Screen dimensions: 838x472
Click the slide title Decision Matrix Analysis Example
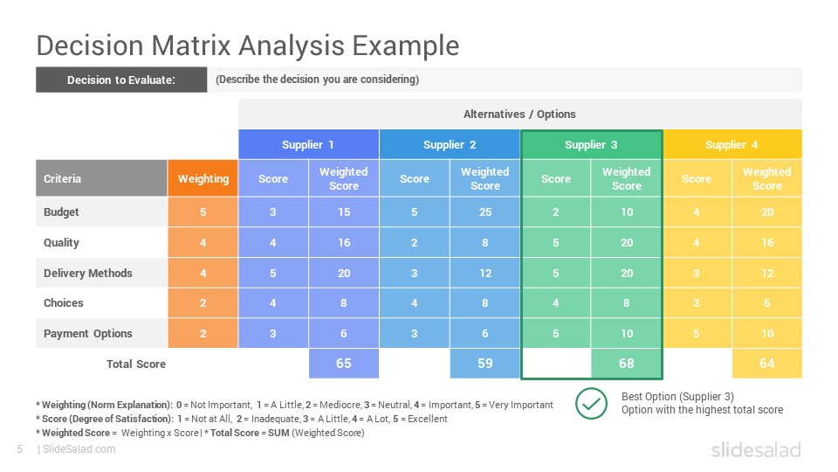pos(247,45)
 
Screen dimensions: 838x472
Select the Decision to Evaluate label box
pos(121,80)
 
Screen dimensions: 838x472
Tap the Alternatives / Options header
pos(519,114)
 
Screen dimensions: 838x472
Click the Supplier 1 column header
pos(308,144)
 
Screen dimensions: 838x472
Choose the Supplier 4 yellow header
pos(732,144)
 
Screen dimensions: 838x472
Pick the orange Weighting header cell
pos(203,178)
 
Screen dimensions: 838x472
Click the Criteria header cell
pos(101,178)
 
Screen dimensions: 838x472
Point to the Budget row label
pos(61,212)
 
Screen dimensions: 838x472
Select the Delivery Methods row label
pos(87,273)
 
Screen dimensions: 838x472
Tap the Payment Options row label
pos(87,333)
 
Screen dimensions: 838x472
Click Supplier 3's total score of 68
pos(627,364)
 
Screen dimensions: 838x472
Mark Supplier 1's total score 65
pos(344,364)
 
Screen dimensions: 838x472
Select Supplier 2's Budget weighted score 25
pos(485,212)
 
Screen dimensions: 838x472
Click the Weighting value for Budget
pos(203,212)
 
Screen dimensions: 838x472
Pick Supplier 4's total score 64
pos(767,364)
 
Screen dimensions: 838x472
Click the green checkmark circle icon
pos(591,404)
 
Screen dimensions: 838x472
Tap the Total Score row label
pos(136,364)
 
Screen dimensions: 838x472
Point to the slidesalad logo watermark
pos(756,449)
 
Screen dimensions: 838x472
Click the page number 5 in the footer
pos(20,449)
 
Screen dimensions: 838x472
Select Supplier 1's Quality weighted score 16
pos(344,242)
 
